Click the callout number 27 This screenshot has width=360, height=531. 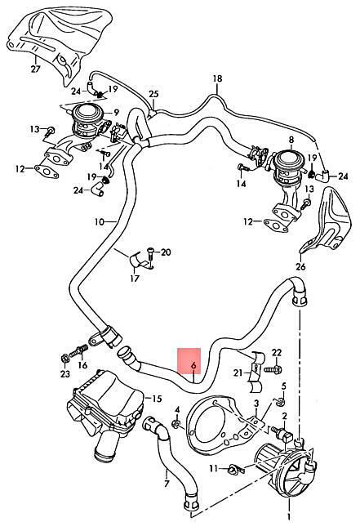(36, 69)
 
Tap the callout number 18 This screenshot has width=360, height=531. (218, 79)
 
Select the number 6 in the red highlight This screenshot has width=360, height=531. (193, 366)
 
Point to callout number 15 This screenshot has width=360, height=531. (158, 399)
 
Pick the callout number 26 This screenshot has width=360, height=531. (300, 266)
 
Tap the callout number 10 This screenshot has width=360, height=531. (100, 222)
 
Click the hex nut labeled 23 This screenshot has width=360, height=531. (64, 358)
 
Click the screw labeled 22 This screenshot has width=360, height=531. (273, 369)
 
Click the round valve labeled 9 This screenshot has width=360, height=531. (89, 122)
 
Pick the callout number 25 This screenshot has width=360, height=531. (153, 94)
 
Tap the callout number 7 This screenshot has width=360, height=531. (167, 484)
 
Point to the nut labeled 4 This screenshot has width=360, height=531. (176, 424)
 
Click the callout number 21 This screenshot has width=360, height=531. (238, 373)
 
